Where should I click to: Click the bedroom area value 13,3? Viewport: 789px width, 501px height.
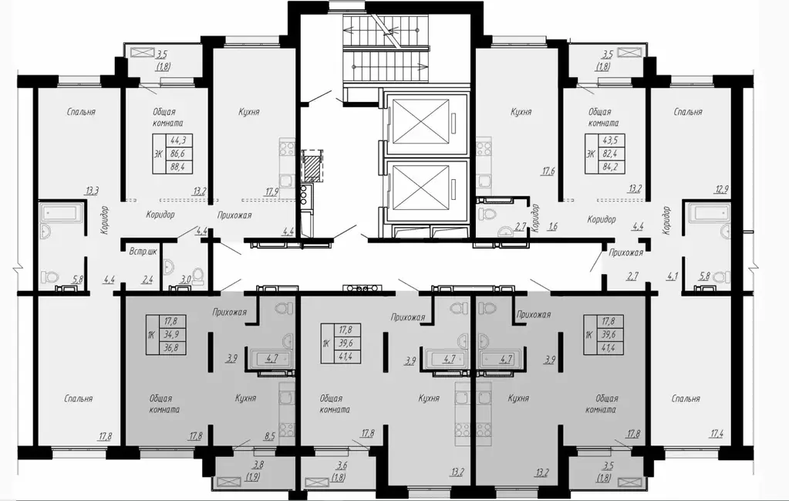(x=92, y=191)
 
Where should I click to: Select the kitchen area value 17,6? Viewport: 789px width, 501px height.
(x=548, y=171)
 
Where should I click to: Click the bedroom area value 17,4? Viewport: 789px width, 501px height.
(x=716, y=433)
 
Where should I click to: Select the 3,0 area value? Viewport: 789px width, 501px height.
(x=186, y=280)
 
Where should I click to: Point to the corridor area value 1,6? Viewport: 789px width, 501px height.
(x=552, y=227)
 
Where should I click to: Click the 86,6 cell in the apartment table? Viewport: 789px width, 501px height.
(x=178, y=153)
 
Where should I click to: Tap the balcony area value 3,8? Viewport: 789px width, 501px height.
(x=258, y=465)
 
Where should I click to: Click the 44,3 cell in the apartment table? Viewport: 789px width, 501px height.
(x=178, y=140)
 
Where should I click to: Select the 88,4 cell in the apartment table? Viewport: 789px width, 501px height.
(x=178, y=166)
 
